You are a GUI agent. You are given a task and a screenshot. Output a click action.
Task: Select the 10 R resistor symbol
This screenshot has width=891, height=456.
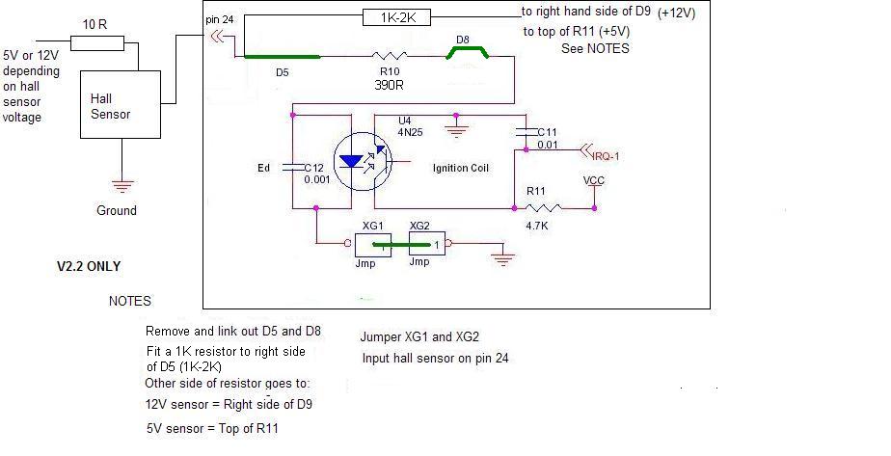97,43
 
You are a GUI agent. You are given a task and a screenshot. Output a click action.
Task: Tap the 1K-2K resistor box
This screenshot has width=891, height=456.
396,17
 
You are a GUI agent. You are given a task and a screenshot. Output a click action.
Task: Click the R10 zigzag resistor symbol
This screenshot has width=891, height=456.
390,56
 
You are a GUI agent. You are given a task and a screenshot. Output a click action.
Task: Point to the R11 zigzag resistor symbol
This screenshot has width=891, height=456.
543,208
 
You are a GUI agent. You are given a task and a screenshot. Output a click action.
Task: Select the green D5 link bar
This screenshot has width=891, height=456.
282,57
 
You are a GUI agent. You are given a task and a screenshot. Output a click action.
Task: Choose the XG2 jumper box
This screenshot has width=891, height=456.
427,244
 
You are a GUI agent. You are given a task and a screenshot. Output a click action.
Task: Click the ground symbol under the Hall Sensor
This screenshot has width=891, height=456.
122,186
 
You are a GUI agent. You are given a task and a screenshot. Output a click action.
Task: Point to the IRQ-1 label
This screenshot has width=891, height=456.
606,156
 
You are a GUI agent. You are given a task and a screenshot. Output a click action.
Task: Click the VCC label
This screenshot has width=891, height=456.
594,180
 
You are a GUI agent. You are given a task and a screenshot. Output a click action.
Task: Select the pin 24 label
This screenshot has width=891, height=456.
219,19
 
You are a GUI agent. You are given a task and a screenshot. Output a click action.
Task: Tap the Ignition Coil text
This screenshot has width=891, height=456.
460,168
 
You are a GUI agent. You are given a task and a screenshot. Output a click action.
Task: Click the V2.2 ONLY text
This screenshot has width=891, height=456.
88,266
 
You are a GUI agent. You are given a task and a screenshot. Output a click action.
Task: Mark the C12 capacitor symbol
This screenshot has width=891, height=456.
291,168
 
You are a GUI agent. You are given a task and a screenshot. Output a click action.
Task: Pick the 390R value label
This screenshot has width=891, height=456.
390,85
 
